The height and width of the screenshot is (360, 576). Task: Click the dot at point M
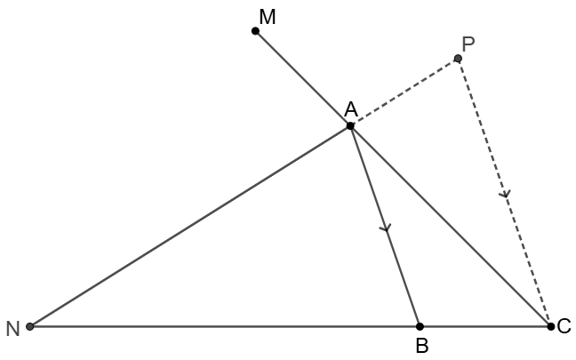tap(255, 31)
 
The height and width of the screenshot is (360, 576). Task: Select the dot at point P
tap(458, 59)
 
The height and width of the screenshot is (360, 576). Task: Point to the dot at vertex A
tap(350, 126)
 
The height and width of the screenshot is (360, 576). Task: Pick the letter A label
tap(350, 108)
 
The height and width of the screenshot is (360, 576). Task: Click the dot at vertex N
tap(30, 326)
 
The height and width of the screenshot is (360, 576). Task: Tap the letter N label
tap(12, 330)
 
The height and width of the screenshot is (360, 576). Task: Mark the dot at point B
tap(420, 326)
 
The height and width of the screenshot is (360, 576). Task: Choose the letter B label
tap(421, 346)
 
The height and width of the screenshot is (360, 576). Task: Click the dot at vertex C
tap(551, 326)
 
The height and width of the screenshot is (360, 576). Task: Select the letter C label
tap(564, 327)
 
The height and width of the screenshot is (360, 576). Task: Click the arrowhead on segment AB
tap(385, 228)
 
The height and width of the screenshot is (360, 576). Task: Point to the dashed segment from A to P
tap(404, 92)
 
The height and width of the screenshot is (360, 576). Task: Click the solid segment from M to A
tap(302, 78)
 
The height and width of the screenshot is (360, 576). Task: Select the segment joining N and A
tap(190, 226)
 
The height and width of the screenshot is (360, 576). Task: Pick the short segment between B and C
tap(485, 326)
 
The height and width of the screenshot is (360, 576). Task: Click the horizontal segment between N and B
tap(222, 326)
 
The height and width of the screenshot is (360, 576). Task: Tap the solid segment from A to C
tap(451, 226)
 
